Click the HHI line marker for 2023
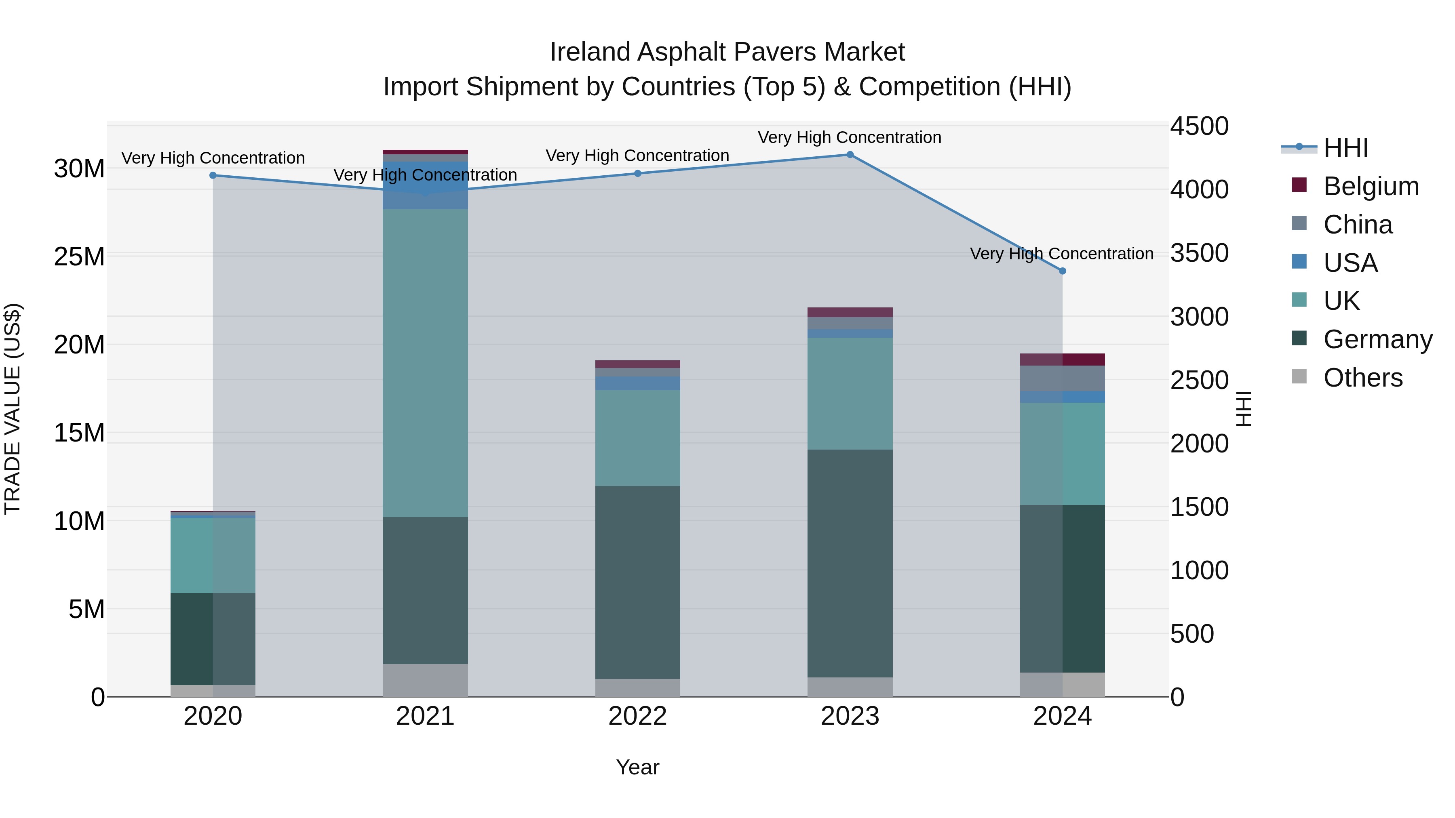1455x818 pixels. (850, 155)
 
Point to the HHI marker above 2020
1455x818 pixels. (213, 176)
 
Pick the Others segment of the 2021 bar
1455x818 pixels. (425, 680)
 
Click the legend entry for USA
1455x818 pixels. (1350, 263)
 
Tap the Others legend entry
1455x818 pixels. (1362, 378)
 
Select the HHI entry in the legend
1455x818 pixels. (1345, 148)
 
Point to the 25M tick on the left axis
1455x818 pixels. (79, 257)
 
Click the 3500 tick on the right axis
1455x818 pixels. (1199, 253)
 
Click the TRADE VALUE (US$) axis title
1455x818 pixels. (13, 409)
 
